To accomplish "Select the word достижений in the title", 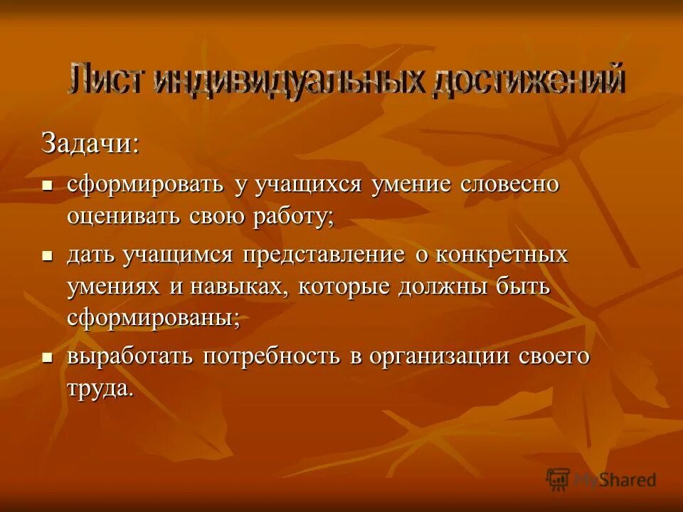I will coord(527,79).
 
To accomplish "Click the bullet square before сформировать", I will coord(48,185).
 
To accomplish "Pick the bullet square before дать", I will coord(48,255).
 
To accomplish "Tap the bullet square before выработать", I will coord(48,357).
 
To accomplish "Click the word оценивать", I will coord(124,216).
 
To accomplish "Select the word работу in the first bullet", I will coord(292,216).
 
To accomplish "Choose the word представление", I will coord(324,254).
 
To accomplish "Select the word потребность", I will coord(272,356).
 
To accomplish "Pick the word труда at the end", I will coord(100,389).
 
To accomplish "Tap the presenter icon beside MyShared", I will coord(558,479).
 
